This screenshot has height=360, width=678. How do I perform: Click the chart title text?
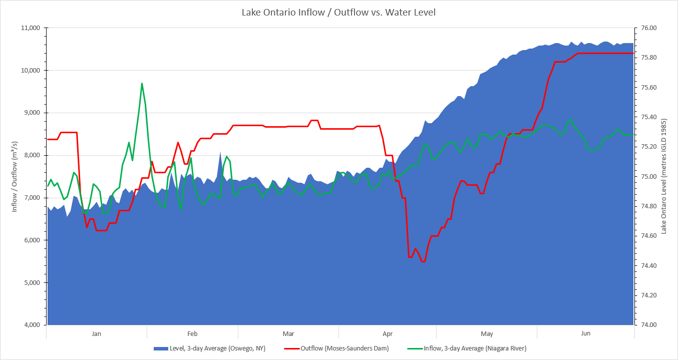(x=338, y=12)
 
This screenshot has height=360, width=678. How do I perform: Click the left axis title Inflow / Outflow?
(x=15, y=176)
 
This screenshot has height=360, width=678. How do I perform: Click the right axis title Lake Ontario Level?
(x=664, y=176)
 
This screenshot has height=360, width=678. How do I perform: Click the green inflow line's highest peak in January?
(x=142, y=83)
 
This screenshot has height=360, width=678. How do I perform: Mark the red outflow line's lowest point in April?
(x=423, y=261)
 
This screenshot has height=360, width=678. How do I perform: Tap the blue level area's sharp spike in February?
(x=220, y=152)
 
